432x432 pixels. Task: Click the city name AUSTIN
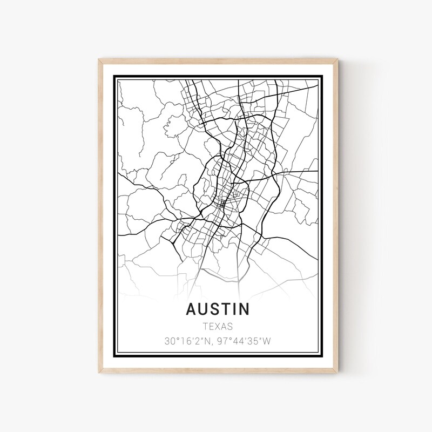pos(218,309)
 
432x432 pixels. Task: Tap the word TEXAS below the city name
pos(218,326)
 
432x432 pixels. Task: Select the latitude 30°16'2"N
pos(187,341)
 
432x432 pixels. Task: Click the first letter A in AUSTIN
pos(192,309)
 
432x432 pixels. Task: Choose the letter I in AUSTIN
pos(235,309)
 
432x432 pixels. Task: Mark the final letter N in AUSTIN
pos(245,309)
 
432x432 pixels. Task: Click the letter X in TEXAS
pos(218,326)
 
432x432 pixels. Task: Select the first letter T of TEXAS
pos(206,326)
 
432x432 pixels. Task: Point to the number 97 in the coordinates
pos(221,341)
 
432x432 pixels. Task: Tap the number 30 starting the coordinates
pos(170,341)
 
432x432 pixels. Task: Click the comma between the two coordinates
pos(211,343)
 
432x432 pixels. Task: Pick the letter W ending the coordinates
pos(267,341)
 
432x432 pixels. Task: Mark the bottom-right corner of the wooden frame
pos(337,372)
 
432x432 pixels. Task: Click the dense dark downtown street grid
pos(222,204)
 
